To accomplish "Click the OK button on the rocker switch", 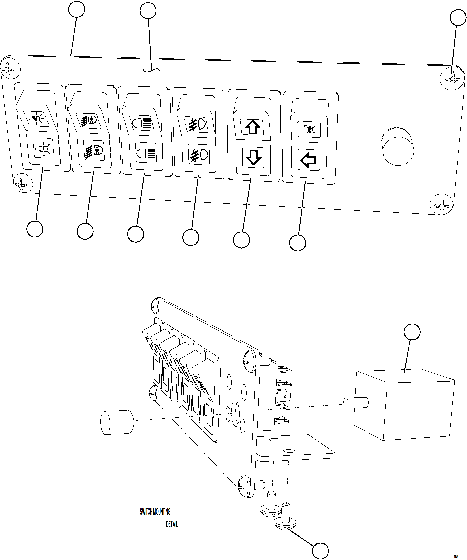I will point(309,130).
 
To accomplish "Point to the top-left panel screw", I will point(10,69).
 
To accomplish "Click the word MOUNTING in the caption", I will point(162,512).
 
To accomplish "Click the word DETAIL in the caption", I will point(172,524).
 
